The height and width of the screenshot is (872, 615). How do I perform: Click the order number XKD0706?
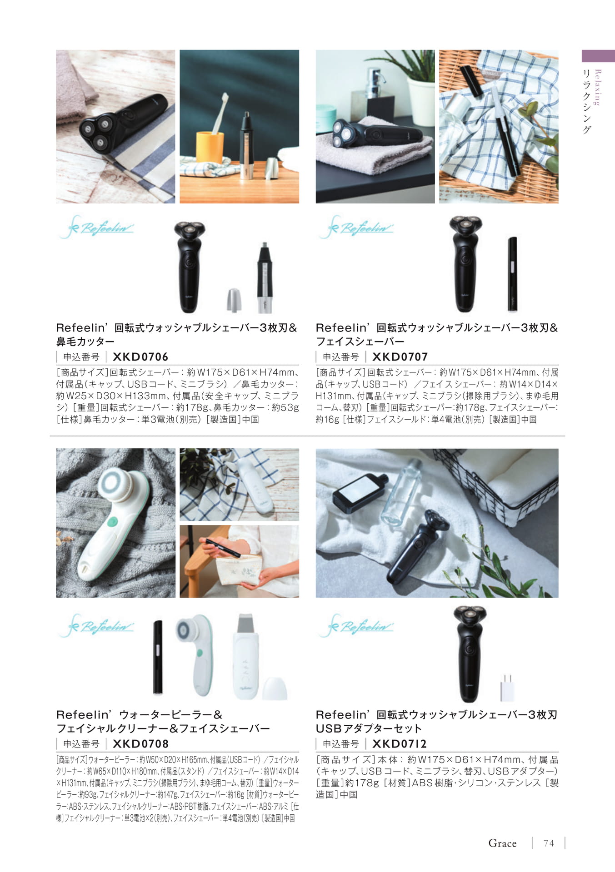(140, 357)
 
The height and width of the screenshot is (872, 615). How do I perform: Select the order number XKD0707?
(400, 357)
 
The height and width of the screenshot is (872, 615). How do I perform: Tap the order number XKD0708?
(140, 743)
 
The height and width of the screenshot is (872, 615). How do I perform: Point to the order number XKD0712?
(400, 743)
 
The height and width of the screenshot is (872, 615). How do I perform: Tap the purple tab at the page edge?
(598, 56)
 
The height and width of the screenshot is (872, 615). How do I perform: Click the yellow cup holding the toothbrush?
(210, 147)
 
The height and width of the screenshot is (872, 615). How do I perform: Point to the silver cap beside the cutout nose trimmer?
(234, 300)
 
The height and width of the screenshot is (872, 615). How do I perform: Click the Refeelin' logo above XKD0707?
(356, 227)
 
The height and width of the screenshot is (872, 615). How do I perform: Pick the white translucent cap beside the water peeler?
(275, 688)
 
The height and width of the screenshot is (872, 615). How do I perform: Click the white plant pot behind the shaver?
(421, 102)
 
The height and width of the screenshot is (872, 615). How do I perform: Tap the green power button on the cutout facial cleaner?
(199, 653)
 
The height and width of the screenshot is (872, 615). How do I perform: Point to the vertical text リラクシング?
(587, 101)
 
